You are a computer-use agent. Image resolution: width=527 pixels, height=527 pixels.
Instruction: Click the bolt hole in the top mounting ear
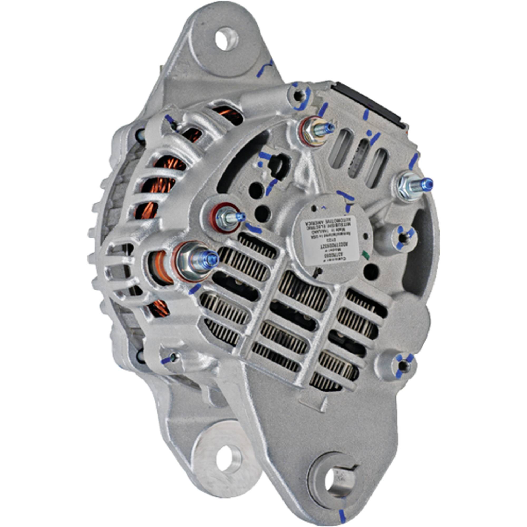click(226, 39)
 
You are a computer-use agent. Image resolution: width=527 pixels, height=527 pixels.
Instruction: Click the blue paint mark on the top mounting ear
click(265, 68)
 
